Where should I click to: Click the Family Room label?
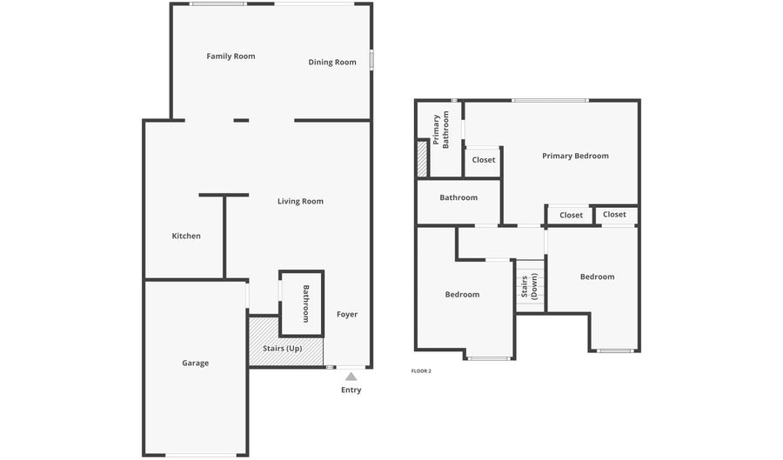(x=231, y=57)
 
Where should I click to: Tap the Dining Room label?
(x=332, y=63)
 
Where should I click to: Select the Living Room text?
(x=300, y=202)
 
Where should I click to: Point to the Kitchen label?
(x=186, y=236)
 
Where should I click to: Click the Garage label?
(x=195, y=363)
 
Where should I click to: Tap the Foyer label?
(x=347, y=314)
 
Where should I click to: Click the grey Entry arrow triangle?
(x=351, y=377)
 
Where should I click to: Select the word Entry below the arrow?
(x=351, y=390)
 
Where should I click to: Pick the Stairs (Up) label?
(x=283, y=348)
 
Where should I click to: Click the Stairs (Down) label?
(x=529, y=285)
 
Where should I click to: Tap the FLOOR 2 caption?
(x=421, y=371)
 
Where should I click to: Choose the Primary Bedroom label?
(x=575, y=157)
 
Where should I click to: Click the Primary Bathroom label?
(x=441, y=130)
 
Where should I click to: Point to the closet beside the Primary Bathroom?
(x=484, y=160)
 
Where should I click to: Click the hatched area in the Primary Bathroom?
(x=423, y=158)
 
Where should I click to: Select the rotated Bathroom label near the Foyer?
(x=306, y=303)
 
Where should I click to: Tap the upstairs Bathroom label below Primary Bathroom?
(x=458, y=197)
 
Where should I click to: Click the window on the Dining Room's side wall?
(x=371, y=60)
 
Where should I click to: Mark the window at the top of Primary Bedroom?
(x=550, y=101)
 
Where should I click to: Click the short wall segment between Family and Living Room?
(x=241, y=120)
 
